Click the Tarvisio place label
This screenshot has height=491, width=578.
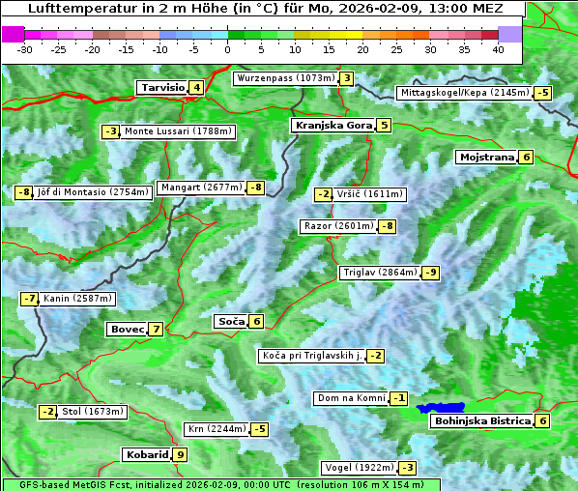click(161, 88)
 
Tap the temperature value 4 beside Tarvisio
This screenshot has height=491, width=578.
click(197, 88)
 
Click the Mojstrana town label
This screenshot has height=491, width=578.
click(486, 158)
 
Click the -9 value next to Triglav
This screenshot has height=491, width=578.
click(431, 273)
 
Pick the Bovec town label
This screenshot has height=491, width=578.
click(127, 330)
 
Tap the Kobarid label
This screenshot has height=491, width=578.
click(146, 455)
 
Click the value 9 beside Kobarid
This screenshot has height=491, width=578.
click(181, 455)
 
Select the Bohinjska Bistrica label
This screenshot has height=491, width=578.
click(481, 421)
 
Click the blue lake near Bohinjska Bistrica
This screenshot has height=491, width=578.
click(441, 408)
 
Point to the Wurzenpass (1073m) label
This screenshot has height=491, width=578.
click(285, 78)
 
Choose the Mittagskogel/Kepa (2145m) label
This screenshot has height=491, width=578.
click(465, 93)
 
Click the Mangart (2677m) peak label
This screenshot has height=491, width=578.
click(201, 188)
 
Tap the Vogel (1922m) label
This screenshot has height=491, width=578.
click(358, 468)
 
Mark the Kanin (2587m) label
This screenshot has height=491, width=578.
click(77, 299)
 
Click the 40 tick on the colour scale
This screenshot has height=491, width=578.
click(498, 49)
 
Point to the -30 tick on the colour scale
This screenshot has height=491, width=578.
click(25, 49)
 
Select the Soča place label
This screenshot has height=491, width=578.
click(231, 322)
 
